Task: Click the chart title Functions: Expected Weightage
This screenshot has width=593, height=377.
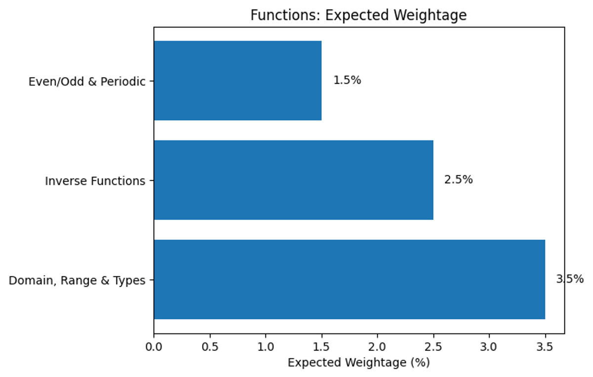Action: (358, 15)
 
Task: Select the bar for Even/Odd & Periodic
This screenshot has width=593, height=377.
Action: (238, 81)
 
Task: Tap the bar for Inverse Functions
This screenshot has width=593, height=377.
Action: (294, 180)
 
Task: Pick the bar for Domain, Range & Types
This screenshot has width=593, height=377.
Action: (349, 279)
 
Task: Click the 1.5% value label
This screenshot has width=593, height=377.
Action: (347, 81)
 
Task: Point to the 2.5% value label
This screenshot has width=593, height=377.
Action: (459, 180)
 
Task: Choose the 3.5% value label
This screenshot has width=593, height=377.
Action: (570, 279)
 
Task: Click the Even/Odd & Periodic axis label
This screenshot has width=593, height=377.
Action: (87, 82)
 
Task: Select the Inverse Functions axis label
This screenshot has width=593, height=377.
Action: (95, 181)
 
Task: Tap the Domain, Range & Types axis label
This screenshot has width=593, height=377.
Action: (77, 281)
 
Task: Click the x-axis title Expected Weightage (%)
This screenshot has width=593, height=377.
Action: (359, 363)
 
